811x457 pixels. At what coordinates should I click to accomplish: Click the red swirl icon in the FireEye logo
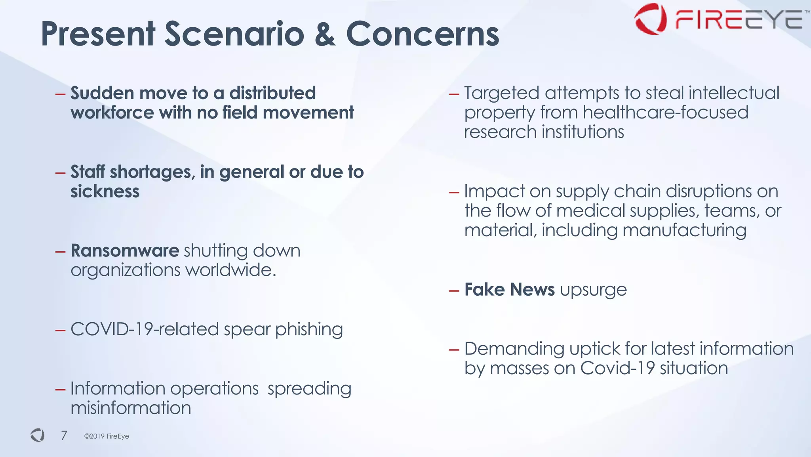pyautogui.click(x=650, y=19)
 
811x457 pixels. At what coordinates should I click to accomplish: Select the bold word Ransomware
pyautogui.click(x=125, y=250)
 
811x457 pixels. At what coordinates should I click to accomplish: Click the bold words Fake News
pyautogui.click(x=509, y=289)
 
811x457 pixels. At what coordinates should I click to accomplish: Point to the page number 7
pyautogui.click(x=64, y=435)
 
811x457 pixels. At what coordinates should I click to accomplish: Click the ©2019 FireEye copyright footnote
pyautogui.click(x=107, y=436)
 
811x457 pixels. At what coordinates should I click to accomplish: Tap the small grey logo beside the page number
pyautogui.click(x=38, y=435)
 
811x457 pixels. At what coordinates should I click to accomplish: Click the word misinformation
pyautogui.click(x=131, y=408)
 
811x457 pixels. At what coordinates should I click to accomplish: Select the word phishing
pyautogui.click(x=309, y=329)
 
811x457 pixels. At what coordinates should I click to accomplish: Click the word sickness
pyautogui.click(x=105, y=191)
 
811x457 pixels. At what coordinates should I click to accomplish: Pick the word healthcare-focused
pyautogui.click(x=665, y=112)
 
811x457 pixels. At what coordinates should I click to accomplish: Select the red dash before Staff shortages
pyautogui.click(x=60, y=173)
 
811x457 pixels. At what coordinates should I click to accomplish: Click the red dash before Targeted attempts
pyautogui.click(x=454, y=94)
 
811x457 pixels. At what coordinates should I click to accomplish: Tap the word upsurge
pyautogui.click(x=593, y=290)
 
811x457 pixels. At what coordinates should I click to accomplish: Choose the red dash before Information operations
pyautogui.click(x=60, y=390)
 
